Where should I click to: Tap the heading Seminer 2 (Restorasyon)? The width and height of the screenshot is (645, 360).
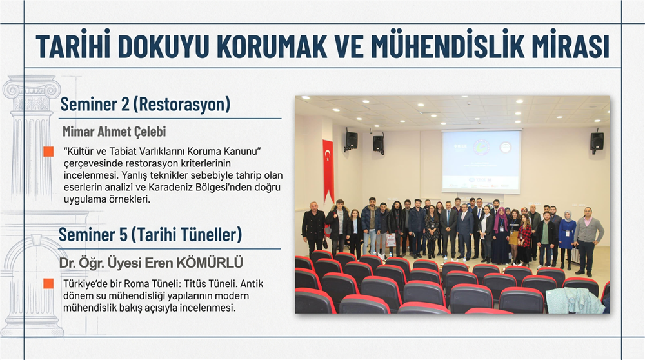145,105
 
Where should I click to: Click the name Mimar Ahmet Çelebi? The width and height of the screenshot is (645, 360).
114,132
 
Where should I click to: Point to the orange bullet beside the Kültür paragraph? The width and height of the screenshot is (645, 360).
48,152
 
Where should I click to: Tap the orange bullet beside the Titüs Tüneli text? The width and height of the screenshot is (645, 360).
48,284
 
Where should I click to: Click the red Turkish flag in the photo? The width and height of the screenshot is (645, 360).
328,169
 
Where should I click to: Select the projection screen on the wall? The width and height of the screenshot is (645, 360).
481,161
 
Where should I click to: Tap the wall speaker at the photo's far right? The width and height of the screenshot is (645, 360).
597,141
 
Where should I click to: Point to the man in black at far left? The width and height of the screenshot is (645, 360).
313,229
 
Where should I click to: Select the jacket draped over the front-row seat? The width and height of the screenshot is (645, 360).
575,301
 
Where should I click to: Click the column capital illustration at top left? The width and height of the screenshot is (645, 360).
31,88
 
